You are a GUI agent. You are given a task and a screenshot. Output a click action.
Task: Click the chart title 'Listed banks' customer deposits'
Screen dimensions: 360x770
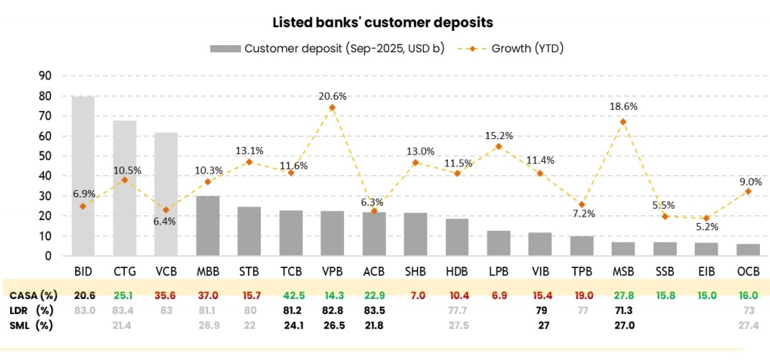point(383,22)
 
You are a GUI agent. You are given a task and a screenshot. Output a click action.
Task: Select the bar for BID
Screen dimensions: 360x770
point(83,176)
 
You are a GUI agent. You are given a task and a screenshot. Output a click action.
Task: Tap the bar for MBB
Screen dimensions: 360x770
point(208,226)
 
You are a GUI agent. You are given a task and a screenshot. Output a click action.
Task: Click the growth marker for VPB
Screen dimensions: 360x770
point(332,108)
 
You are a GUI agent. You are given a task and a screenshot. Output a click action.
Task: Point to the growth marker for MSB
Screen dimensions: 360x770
point(623,122)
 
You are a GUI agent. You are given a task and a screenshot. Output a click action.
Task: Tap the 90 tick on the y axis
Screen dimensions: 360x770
point(44,76)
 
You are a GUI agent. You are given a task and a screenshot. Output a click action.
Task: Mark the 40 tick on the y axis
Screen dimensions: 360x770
point(44,176)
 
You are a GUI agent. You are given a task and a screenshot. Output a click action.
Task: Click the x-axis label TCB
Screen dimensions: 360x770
point(290,273)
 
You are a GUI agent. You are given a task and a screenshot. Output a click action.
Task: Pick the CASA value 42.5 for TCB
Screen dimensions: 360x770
point(290,295)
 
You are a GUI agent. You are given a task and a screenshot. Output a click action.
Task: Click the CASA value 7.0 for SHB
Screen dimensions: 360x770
point(415,295)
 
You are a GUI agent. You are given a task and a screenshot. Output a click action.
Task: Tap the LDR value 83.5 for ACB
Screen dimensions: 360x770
point(374,310)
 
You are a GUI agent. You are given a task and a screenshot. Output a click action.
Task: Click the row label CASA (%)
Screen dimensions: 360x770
point(33,295)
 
